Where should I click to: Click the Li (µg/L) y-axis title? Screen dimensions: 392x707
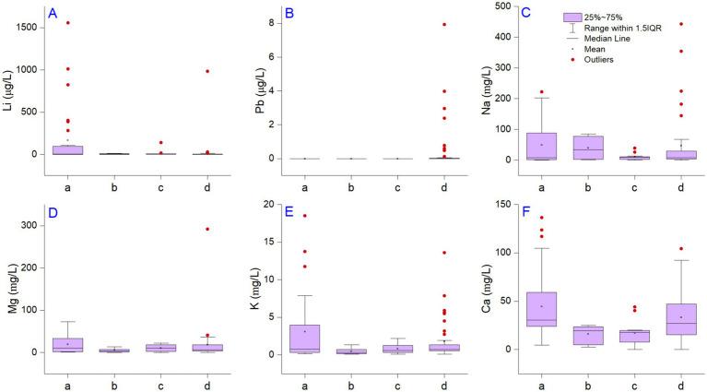coord(8,84)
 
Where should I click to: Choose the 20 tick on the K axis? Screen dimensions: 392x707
coord(266,204)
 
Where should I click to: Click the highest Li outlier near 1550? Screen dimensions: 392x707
coord(68,23)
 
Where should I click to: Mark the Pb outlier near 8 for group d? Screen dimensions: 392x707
coord(444,25)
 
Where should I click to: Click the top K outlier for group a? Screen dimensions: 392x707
coord(304,216)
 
